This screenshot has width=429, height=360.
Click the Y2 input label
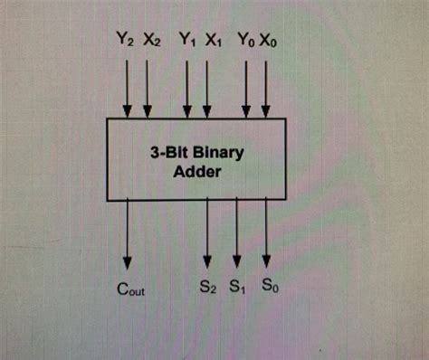[126, 41]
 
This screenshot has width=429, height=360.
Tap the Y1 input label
[186, 41]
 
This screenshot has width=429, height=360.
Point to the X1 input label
[211, 41]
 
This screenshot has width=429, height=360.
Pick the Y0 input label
[245, 41]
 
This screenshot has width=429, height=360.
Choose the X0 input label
[270, 41]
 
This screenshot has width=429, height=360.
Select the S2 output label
[208, 289]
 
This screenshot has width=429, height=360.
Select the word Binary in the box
[218, 152]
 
